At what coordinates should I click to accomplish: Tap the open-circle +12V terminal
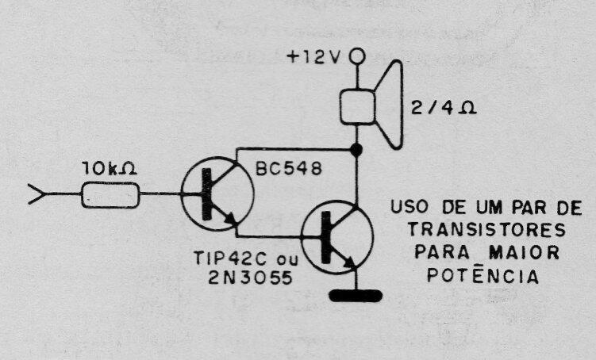tap(357, 57)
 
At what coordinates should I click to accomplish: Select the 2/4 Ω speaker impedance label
tap(444, 108)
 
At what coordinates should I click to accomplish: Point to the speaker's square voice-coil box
tap(357, 107)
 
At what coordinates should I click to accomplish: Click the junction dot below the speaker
tap(356, 150)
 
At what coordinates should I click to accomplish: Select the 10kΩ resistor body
tap(110, 195)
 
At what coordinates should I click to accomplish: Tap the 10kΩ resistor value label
tap(110, 169)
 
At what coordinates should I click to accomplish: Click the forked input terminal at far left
tap(37, 194)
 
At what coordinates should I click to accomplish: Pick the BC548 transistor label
tap(289, 169)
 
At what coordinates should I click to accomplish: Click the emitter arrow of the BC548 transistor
tap(229, 218)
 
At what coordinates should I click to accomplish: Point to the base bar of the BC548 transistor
tap(206, 194)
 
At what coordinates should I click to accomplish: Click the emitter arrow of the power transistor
tap(350, 262)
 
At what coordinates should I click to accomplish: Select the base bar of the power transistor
tap(325, 238)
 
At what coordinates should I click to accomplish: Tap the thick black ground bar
tap(356, 296)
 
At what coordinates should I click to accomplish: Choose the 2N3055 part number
tap(251, 278)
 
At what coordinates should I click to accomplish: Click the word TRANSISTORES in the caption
tap(487, 230)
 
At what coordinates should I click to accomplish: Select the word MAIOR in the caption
tap(524, 252)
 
